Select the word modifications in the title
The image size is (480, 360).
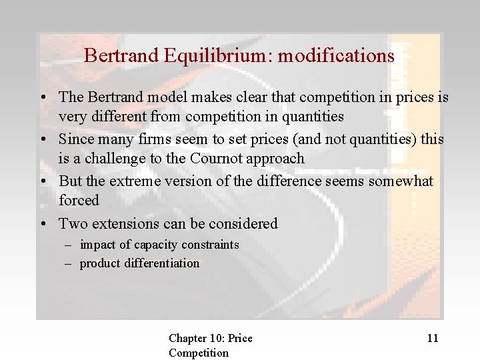pyautogui.click(x=336, y=55)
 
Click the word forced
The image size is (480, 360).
pyautogui.click(x=79, y=200)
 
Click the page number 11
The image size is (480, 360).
pyautogui.click(x=433, y=338)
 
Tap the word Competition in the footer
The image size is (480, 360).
pyautogui.click(x=198, y=353)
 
